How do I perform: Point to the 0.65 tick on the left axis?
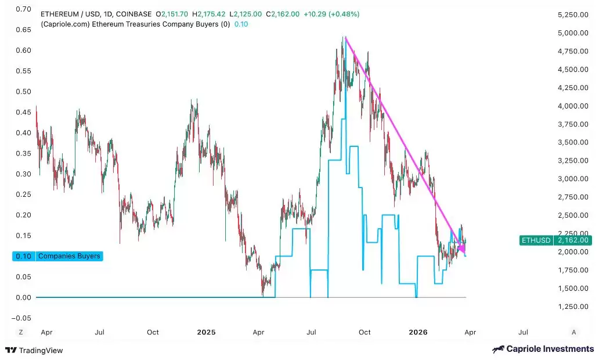pyautogui.click(x=24, y=30)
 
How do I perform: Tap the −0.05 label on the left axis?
pyautogui.click(x=22, y=318)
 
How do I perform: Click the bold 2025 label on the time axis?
pyautogui.click(x=206, y=332)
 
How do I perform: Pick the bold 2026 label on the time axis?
pyautogui.click(x=418, y=332)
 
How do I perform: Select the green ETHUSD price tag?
pyautogui.click(x=555, y=240)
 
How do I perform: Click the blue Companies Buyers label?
pyautogui.click(x=68, y=256)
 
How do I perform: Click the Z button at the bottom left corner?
pyautogui.click(x=21, y=332)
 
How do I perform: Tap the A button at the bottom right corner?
pyautogui.click(x=573, y=332)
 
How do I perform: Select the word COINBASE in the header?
pyautogui.click(x=136, y=14)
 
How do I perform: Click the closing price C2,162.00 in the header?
pyautogui.click(x=283, y=14)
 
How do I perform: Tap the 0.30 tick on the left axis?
pyautogui.click(x=24, y=174)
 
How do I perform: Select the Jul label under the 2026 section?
pyautogui.click(x=523, y=332)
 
